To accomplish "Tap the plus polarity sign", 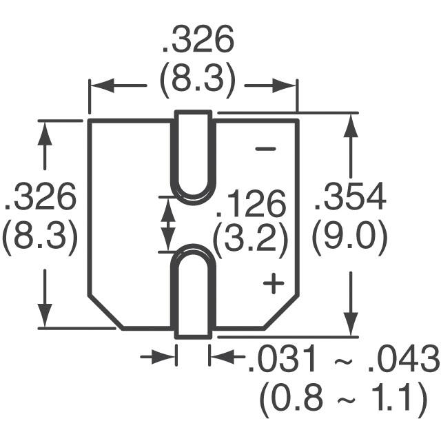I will tap(274, 283).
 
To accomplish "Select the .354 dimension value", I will tap(350, 200).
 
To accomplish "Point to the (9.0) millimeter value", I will tap(350, 239).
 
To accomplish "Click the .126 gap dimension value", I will tap(250, 205).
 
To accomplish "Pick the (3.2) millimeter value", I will tap(249, 240).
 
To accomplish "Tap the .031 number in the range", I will tap(276, 360).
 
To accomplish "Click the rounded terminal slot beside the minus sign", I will tap(192, 156).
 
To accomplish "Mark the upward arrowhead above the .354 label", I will tap(351, 125).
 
